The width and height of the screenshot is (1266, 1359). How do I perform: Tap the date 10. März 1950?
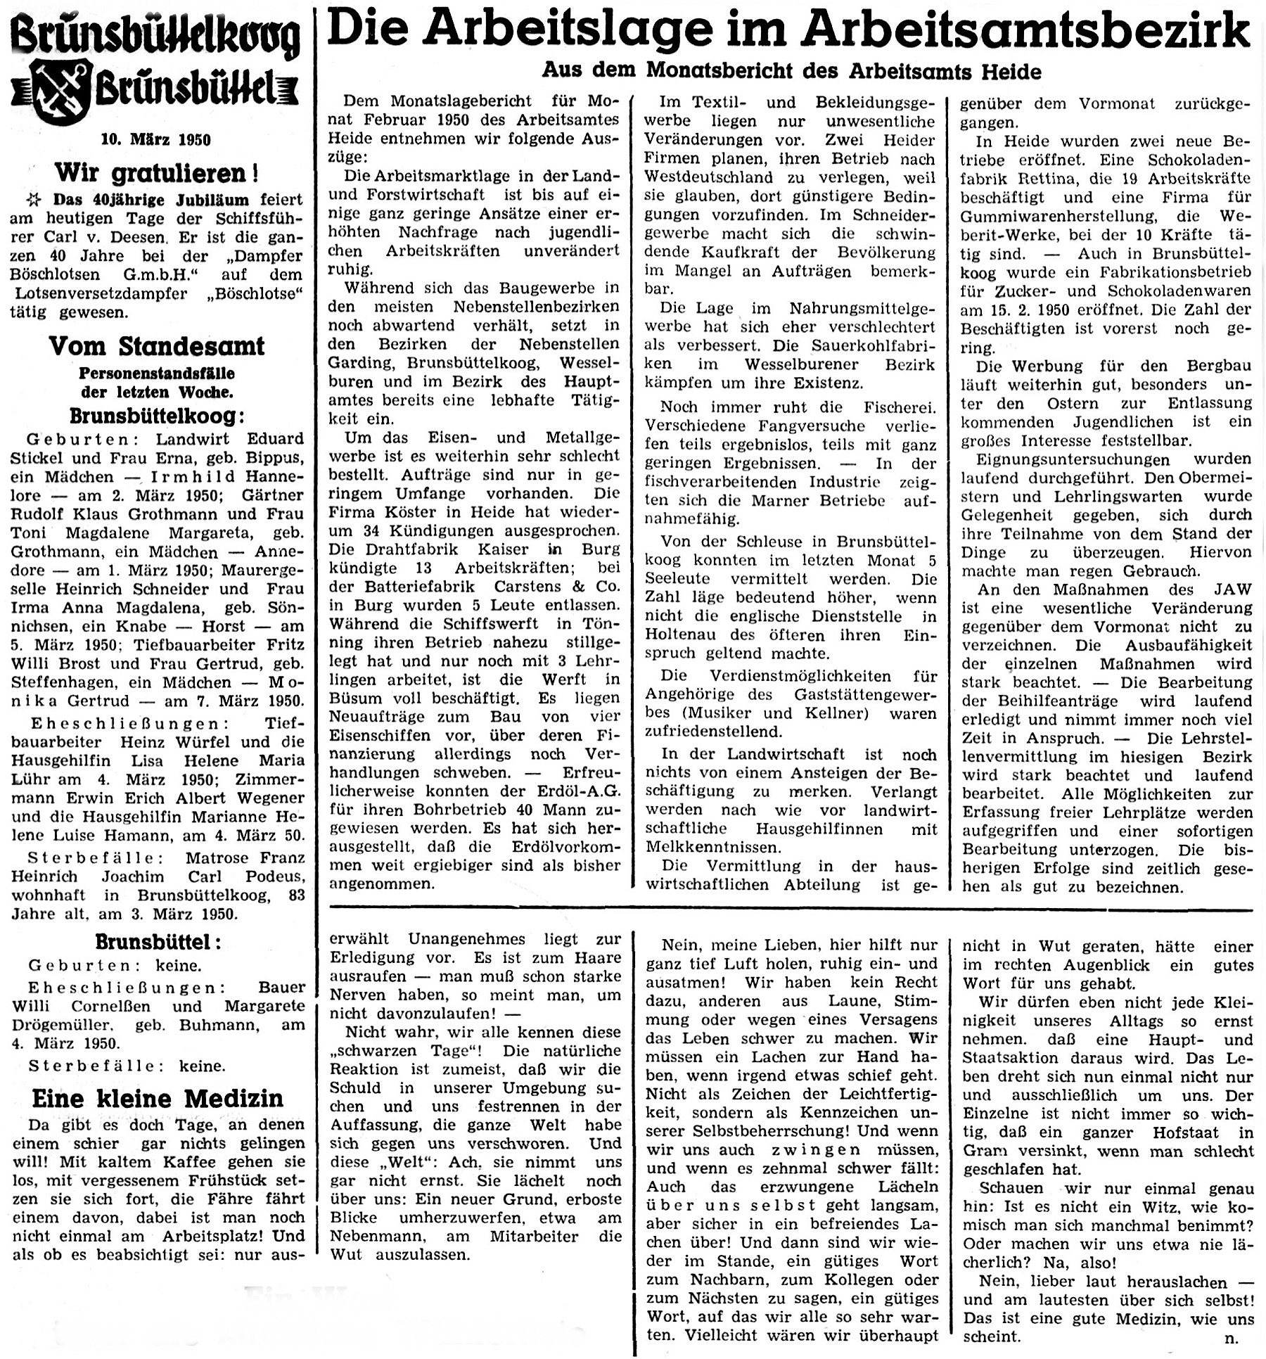point(156,139)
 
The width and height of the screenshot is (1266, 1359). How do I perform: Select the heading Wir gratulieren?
point(156,172)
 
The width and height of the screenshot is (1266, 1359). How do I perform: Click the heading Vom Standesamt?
point(156,346)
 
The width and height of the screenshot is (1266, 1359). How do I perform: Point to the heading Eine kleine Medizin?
point(158,1098)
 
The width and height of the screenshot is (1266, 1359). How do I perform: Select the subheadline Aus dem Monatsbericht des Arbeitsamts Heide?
point(791,71)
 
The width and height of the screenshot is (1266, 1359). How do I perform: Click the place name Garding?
point(359,363)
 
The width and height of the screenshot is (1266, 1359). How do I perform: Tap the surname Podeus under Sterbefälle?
point(274,876)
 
